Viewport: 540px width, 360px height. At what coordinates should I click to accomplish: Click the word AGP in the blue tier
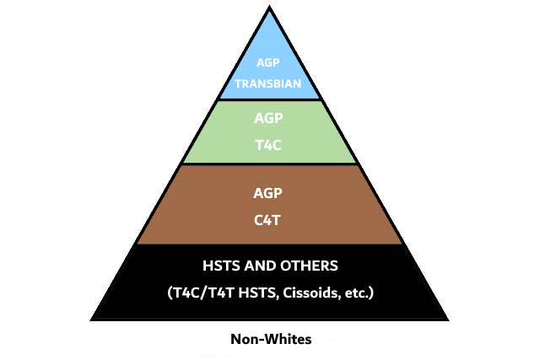pos(268,62)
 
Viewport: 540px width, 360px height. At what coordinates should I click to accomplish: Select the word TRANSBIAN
pos(268,83)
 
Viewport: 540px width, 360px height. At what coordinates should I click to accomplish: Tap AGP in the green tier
pos(268,118)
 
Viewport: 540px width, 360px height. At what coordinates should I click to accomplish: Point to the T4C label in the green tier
pos(268,145)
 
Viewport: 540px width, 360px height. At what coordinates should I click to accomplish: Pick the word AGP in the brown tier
pos(268,193)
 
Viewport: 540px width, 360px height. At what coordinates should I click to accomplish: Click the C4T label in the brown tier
pos(267,220)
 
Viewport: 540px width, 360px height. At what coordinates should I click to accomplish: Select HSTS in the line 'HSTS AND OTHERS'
pos(221,266)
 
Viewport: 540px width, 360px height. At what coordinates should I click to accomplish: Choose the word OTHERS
pos(310,266)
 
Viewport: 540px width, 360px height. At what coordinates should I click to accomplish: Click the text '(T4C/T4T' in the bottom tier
pos(201,293)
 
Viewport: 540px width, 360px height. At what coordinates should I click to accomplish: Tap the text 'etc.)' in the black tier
pos(359,293)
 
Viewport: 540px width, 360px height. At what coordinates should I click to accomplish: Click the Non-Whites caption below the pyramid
pos(271,340)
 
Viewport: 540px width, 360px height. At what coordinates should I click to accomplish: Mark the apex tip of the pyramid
pos(270,6)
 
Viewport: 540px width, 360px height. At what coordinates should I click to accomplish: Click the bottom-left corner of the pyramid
pos(90,320)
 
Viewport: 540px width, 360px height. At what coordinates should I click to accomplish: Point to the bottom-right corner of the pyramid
pos(449,320)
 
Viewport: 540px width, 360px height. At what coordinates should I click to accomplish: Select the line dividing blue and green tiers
pos(270,99)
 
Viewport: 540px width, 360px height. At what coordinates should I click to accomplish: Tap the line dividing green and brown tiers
pos(270,164)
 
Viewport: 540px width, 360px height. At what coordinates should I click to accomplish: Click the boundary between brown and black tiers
pos(270,244)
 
